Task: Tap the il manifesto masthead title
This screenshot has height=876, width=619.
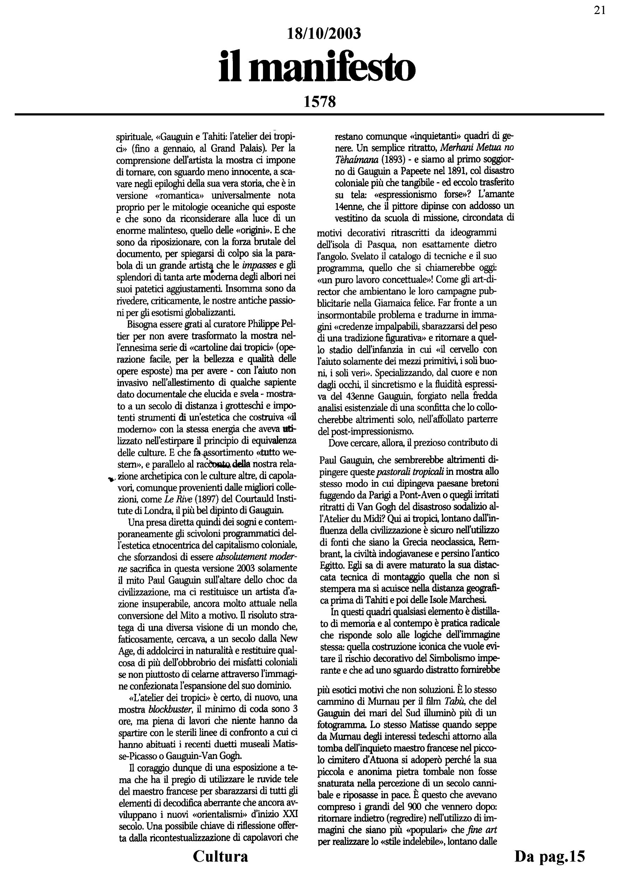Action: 317,68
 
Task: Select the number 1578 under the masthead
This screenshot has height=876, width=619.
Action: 320,102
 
